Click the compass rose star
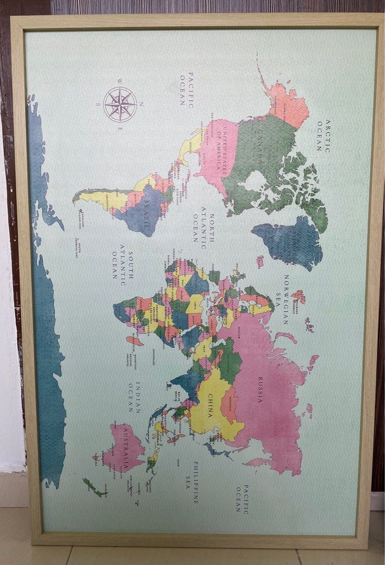tap(120, 105)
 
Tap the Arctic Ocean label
tap(324, 135)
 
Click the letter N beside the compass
tap(141, 105)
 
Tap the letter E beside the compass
tap(120, 129)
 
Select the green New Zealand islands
tap(93, 487)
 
